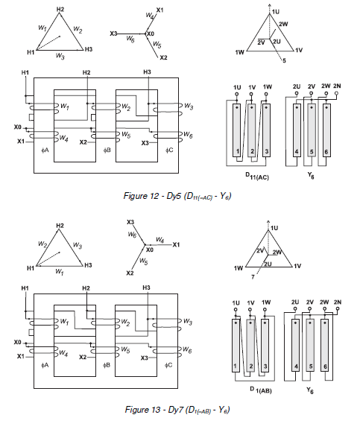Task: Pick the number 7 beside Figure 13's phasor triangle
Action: [253, 276]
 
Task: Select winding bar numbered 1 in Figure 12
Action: [238, 152]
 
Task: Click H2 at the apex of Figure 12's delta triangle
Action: [60, 9]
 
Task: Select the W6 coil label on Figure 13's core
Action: [188, 349]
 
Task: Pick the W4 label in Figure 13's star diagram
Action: [160, 240]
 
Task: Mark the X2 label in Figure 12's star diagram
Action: [163, 57]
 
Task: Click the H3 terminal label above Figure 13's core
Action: [146, 288]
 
